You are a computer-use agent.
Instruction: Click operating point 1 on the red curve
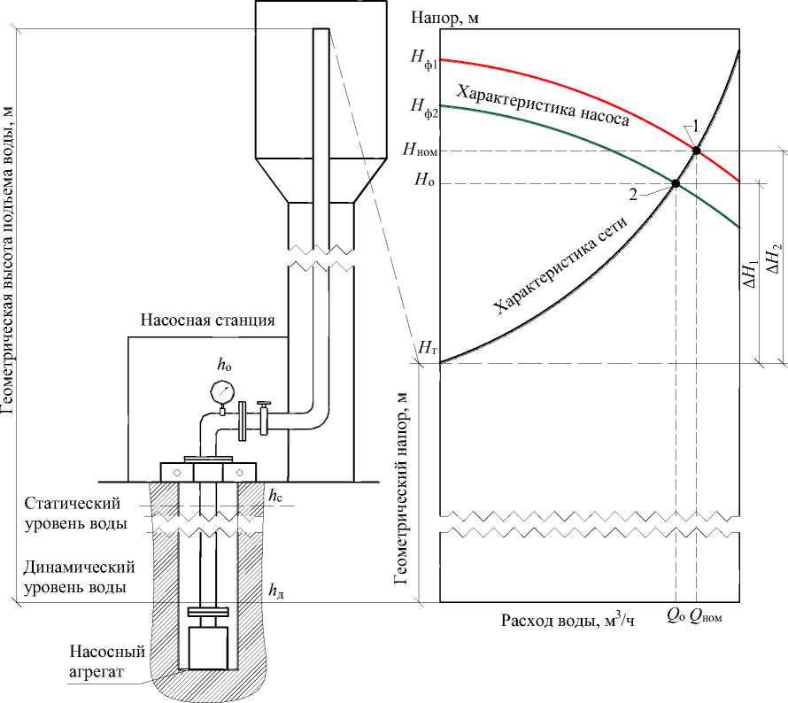tap(696, 151)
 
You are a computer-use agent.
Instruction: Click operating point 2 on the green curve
tap(676, 184)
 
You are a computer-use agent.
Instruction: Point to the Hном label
tap(421, 150)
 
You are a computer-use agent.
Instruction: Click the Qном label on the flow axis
tap(706, 616)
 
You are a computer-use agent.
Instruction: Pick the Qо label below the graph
tap(676, 616)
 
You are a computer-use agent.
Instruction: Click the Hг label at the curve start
tap(426, 347)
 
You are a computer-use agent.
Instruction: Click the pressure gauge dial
tap(221, 392)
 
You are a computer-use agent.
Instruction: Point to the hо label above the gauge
tap(224, 366)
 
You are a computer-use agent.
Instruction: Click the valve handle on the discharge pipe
tap(263, 404)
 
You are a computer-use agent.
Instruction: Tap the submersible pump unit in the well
tap(207, 648)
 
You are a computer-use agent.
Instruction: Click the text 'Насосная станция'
tap(207, 320)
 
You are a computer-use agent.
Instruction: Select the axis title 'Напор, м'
tap(444, 18)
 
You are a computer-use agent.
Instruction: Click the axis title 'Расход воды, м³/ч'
tap(568, 620)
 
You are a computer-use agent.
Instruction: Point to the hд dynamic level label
tap(276, 590)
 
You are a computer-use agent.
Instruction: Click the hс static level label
tap(274, 497)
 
